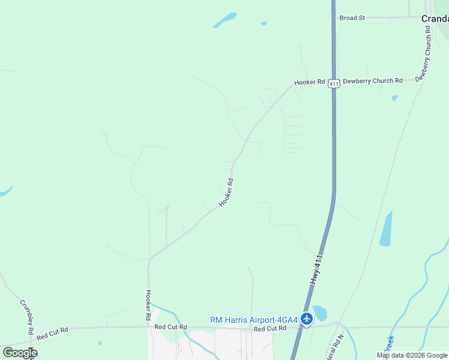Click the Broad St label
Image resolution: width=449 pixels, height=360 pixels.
click(x=352, y=18)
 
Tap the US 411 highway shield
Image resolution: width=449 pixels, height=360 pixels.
click(x=334, y=84)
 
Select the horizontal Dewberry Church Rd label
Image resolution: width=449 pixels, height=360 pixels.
click(x=373, y=80)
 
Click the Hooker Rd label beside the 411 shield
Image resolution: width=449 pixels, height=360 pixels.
click(x=309, y=82)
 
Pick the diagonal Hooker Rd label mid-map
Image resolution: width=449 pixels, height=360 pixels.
click(x=226, y=193)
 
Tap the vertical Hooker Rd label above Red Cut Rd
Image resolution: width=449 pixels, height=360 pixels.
click(x=148, y=304)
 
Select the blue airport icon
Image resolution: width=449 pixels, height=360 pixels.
click(x=307, y=319)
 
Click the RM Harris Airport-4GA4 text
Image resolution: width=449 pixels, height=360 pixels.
click(x=254, y=320)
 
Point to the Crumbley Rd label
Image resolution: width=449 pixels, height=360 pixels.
click(x=27, y=316)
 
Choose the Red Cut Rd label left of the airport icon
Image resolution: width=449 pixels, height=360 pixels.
click(x=170, y=327)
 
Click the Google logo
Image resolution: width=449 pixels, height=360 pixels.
click(x=20, y=352)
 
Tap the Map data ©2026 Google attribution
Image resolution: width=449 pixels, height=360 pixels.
click(x=412, y=355)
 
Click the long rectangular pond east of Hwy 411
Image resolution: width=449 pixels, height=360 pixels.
click(x=385, y=229)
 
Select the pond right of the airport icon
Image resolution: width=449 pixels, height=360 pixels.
click(x=319, y=313)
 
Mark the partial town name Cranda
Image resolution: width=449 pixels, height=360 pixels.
click(x=435, y=19)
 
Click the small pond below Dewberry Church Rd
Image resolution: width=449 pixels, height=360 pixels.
click(x=394, y=98)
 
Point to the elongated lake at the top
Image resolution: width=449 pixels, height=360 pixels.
click(x=224, y=20)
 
